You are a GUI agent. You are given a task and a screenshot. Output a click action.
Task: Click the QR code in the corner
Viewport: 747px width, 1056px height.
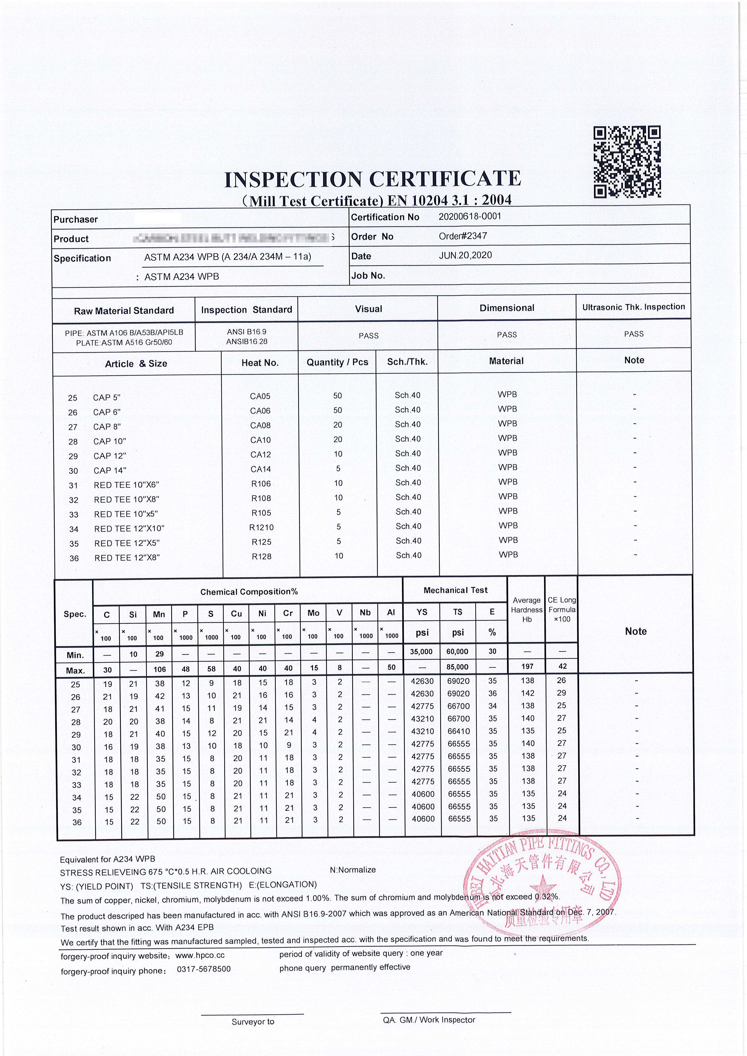627,162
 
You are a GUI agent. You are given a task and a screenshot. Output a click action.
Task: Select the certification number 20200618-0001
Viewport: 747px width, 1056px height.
470,216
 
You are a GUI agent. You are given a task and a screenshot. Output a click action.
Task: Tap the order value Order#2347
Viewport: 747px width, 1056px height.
463,236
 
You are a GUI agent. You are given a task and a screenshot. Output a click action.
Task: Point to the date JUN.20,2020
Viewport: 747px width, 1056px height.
465,255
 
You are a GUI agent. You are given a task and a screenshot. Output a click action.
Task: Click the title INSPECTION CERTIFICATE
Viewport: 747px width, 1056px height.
372,179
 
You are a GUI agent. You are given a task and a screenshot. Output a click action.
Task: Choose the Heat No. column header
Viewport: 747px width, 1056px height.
260,363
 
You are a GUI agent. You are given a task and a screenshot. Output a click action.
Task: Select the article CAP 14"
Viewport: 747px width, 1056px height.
109,470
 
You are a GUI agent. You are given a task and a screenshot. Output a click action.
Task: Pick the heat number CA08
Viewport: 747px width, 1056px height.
260,425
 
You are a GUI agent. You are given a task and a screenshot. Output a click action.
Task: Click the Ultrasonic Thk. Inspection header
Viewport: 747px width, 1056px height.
633,307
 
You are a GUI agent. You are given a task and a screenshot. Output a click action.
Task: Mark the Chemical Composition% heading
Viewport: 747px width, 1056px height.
249,592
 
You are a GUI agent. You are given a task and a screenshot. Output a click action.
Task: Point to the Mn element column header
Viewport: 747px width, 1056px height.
159,614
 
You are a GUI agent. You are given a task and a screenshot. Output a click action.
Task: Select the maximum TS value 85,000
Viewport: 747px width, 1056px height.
458,666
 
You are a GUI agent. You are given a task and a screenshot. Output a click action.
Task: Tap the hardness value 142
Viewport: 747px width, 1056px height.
527,693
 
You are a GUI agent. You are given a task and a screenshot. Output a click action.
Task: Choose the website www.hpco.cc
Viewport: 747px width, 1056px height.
200,955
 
